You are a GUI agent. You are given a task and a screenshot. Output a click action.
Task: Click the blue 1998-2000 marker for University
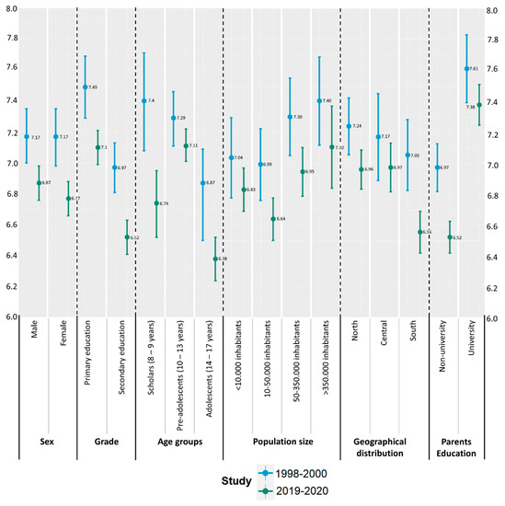click(x=466, y=69)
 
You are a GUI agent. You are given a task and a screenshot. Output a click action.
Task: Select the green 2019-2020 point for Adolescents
click(x=216, y=259)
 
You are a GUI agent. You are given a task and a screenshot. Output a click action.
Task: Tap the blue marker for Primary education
click(x=86, y=87)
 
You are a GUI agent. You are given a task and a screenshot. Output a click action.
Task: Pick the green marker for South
click(x=420, y=232)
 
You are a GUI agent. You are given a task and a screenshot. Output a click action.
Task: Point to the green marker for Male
click(x=39, y=183)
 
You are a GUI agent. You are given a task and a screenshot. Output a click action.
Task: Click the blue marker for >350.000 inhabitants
click(x=319, y=101)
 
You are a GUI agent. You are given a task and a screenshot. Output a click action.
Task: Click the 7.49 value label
click(x=96, y=87)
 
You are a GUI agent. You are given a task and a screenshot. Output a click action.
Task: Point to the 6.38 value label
click(x=226, y=259)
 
